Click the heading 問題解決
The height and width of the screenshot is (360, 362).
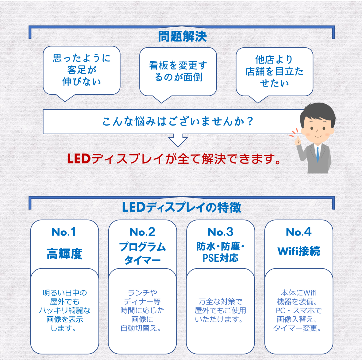click(x=182, y=37)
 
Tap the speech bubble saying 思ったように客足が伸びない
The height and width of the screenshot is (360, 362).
click(x=81, y=70)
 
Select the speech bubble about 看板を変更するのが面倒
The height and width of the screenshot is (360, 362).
click(x=178, y=71)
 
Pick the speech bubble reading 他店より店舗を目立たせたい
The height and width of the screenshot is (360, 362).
click(x=274, y=71)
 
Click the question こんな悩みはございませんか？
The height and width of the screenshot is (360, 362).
click(x=178, y=122)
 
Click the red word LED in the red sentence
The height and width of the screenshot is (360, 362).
click(x=79, y=159)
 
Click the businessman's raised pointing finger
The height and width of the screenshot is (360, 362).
click(x=297, y=140)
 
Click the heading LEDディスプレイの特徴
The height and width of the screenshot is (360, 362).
click(x=181, y=208)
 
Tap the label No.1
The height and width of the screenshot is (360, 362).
click(x=64, y=232)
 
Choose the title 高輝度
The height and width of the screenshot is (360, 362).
click(x=64, y=254)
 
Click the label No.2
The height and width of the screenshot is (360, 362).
click(x=142, y=232)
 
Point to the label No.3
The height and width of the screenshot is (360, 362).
click(x=220, y=232)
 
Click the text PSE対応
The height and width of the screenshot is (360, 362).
click(x=220, y=258)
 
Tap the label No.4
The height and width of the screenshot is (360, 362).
click(x=298, y=232)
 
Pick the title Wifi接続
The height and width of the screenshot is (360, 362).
click(x=298, y=251)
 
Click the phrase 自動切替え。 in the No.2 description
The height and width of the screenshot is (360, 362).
click(x=141, y=328)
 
